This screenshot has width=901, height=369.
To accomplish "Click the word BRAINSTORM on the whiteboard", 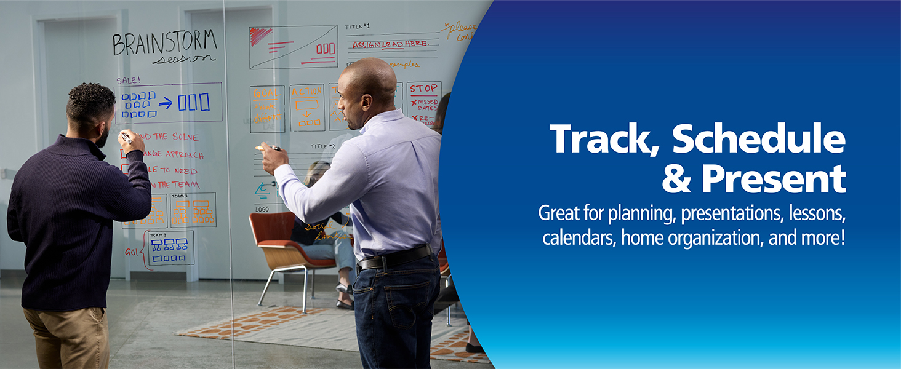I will [x=164, y=43].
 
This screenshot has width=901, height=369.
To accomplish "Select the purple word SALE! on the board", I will [x=128, y=80].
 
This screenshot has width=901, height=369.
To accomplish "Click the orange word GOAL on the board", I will [x=267, y=92].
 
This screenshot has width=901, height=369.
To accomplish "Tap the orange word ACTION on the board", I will [x=306, y=92].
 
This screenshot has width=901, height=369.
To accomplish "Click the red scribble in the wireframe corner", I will [x=260, y=36].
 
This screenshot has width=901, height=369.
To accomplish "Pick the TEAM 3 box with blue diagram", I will [x=170, y=247].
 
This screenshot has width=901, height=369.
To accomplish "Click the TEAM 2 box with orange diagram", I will [x=193, y=210].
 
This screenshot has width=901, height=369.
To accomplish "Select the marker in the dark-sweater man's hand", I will [x=127, y=138].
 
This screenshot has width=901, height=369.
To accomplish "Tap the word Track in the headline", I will [x=606, y=139].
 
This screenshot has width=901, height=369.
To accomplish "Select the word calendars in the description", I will [x=579, y=238].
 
